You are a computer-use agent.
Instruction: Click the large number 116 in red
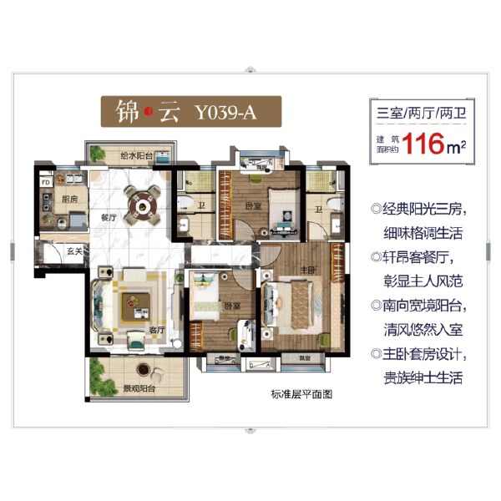point(423,144)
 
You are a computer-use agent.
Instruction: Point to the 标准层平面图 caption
point(301,395)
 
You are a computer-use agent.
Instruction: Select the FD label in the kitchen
point(44,180)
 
